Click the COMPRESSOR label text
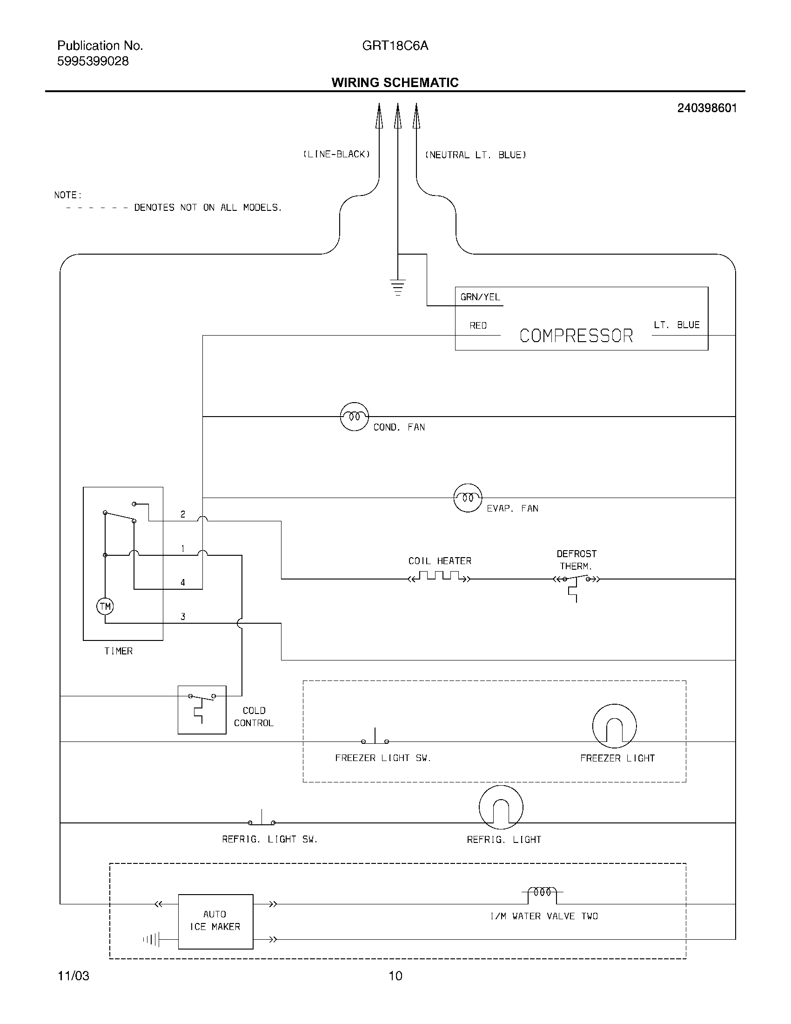point(576,336)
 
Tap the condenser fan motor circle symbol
point(354,417)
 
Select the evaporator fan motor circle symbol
point(468,498)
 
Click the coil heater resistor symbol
point(439,576)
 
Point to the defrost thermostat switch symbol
point(576,581)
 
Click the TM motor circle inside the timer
point(105,606)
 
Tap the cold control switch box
point(202,710)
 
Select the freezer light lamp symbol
point(614,726)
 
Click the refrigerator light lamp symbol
point(501,808)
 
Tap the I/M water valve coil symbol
point(542,893)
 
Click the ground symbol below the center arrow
point(397,286)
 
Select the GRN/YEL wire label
point(480,297)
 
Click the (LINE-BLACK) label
point(336,154)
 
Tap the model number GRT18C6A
point(395,46)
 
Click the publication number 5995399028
point(93,61)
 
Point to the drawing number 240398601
point(707,108)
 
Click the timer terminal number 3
point(183,617)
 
